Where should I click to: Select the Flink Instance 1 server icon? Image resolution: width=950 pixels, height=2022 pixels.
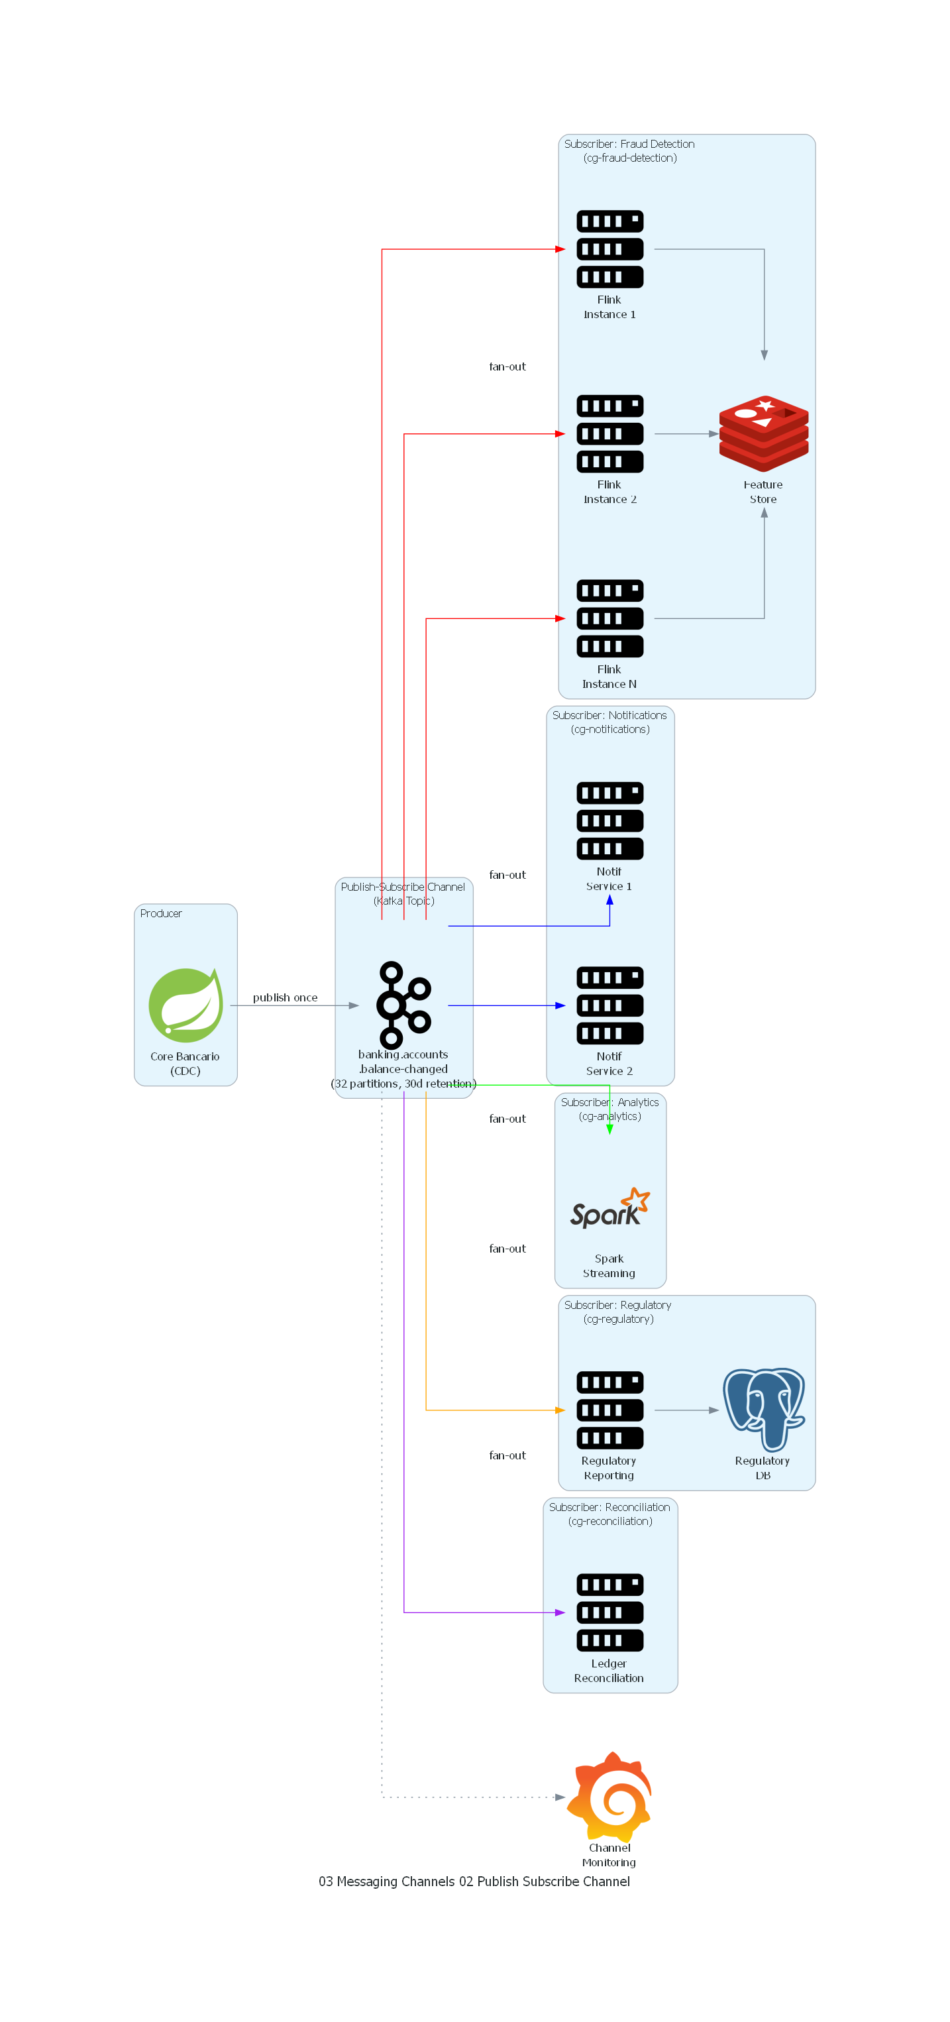pos(609,249)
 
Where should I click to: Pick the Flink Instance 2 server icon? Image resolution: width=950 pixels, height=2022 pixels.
pos(609,433)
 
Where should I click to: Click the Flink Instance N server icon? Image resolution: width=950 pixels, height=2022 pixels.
pos(609,618)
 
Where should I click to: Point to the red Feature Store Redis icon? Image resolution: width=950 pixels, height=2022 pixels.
pos(763,433)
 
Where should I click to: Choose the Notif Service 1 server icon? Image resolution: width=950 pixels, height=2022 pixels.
pos(609,820)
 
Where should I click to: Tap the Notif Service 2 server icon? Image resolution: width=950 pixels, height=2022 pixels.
pos(609,1005)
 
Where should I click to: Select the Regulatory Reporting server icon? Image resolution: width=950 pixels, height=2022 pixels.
pos(609,1410)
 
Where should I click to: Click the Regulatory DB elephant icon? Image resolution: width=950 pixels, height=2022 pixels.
pos(763,1410)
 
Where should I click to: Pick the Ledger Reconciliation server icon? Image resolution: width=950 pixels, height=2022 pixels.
pos(609,1612)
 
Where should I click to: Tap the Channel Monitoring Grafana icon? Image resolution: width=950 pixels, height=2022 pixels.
pos(609,1796)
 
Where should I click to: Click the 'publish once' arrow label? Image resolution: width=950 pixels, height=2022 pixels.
pos(285,997)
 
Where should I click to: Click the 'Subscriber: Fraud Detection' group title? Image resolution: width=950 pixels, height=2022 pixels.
pos(629,144)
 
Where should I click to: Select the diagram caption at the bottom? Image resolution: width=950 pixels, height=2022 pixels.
pos(474,1882)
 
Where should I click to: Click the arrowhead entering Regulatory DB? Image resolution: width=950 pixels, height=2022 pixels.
pos(714,1410)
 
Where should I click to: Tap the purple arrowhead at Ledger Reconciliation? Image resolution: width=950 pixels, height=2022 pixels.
pos(560,1612)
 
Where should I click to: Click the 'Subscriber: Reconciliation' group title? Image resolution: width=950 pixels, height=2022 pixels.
pos(609,1507)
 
